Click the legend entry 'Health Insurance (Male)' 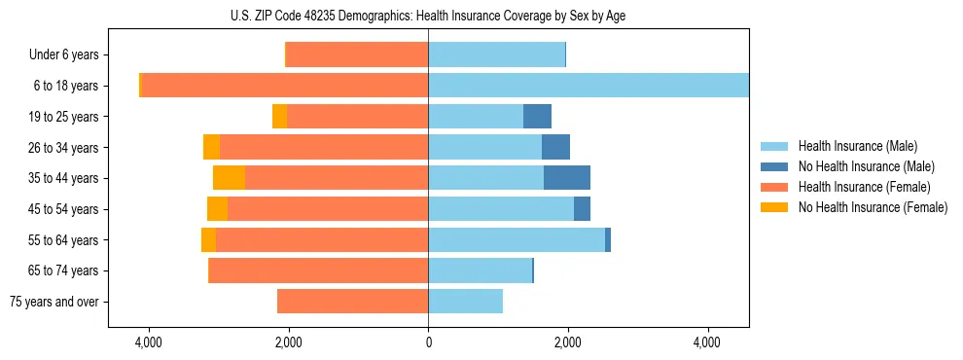(x=857, y=146)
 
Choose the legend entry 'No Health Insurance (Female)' (x=873, y=207)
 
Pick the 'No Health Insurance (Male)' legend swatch (x=774, y=166)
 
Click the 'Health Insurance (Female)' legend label (x=864, y=187)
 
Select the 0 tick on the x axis (x=428, y=342)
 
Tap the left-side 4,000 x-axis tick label (x=149, y=342)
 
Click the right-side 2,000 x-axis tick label (x=568, y=342)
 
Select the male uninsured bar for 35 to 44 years (x=567, y=178)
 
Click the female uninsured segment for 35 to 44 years (x=229, y=178)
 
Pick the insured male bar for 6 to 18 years (x=588, y=86)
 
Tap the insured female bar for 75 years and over (x=352, y=302)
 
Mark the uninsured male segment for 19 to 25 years (x=537, y=117)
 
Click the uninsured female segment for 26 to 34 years (x=211, y=147)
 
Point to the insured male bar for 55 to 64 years (x=516, y=240)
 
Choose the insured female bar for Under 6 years (x=357, y=55)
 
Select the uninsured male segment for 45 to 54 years (x=582, y=209)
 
